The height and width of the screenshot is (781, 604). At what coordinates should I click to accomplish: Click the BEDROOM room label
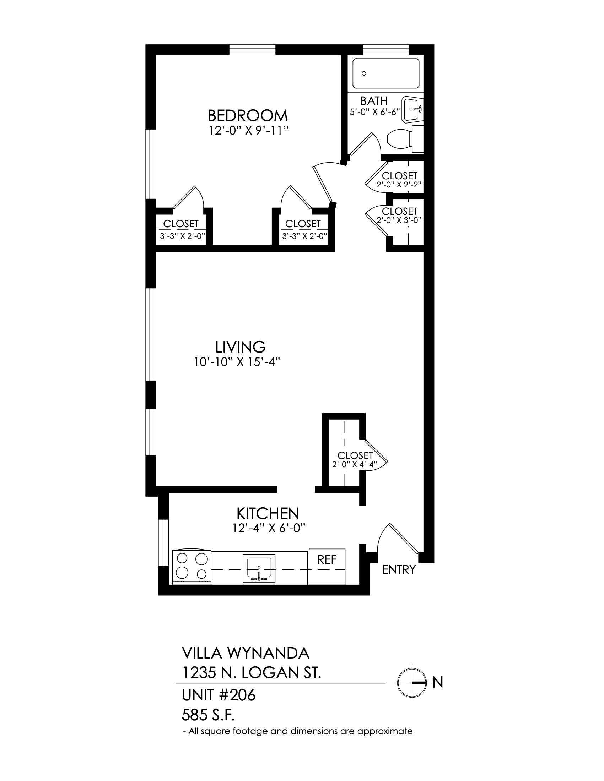pos(248,115)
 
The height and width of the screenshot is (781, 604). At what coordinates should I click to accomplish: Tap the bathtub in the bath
pos(386,73)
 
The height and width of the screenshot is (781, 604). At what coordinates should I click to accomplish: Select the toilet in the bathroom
pos(405,140)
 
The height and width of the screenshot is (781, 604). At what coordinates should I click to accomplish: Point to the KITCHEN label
pos(267,514)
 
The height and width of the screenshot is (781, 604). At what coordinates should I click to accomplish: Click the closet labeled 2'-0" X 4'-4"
pos(344,451)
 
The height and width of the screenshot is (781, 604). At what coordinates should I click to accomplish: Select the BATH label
pos(373,101)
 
